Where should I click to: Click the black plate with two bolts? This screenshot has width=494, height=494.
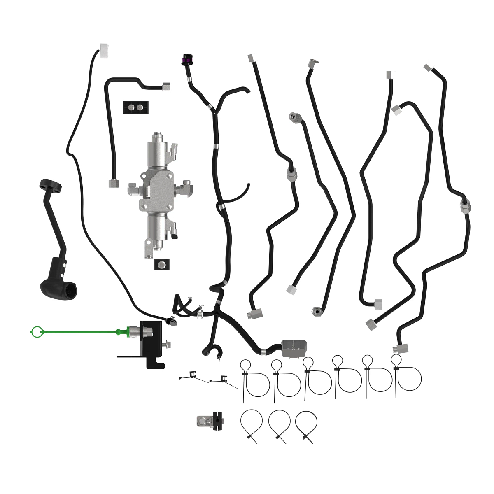[135, 108]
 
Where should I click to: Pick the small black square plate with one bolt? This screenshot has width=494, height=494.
[162, 264]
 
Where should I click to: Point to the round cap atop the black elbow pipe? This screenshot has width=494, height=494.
[51, 186]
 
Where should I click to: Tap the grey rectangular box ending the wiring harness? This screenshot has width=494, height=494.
[294, 348]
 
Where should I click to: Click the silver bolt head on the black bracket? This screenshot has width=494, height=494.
[168, 344]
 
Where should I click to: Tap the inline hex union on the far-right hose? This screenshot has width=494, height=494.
[465, 205]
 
